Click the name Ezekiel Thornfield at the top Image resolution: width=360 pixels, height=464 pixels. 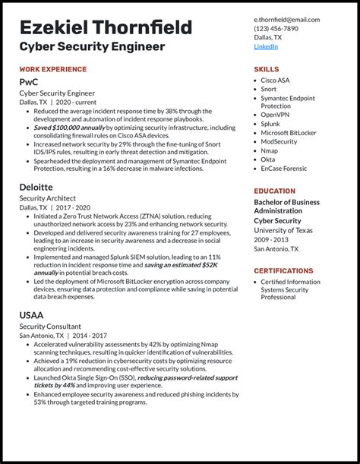(x=106, y=29)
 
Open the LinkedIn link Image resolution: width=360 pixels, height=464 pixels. (x=266, y=46)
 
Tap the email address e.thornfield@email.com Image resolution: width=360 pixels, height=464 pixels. (x=286, y=20)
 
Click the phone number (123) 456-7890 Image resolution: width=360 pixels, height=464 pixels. (x=276, y=29)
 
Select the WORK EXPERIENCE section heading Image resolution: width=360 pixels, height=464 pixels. (x=53, y=69)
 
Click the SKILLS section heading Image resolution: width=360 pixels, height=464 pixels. (x=267, y=69)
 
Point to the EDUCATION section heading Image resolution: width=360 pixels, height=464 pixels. (x=274, y=191)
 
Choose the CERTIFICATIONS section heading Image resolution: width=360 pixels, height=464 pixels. (x=283, y=270)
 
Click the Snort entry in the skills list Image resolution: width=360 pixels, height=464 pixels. (x=270, y=90)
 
